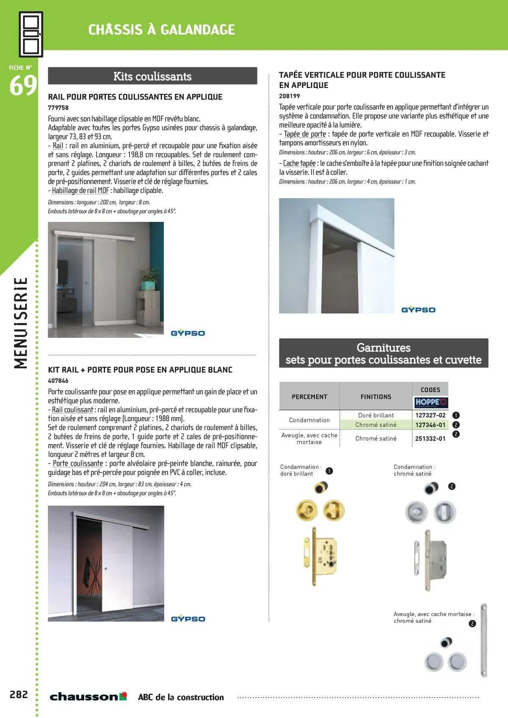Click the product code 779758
58,108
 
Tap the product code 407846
58,381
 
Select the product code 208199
289,96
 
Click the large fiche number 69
23,86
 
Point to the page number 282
19,694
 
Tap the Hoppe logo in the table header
431,402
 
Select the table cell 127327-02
430,415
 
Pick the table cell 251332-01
430,439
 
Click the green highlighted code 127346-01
430,425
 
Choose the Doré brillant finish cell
376,415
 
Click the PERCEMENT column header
309,397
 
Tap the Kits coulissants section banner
152,76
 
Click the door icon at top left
31,34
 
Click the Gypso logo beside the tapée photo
418,310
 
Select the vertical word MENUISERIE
21,323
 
